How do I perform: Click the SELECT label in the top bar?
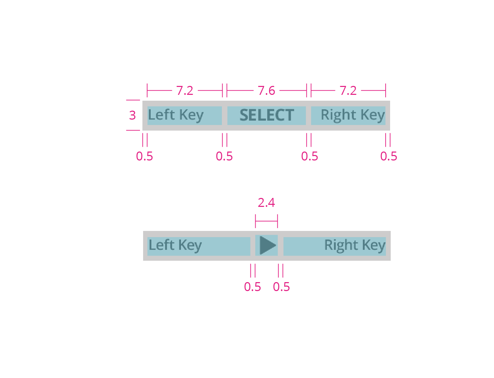pyautogui.click(x=267, y=115)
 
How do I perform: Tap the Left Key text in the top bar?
pyautogui.click(x=175, y=115)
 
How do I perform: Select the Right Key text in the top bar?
pyautogui.click(x=353, y=115)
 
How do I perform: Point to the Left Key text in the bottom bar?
pyautogui.click(x=175, y=245)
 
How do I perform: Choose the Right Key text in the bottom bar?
pyautogui.click(x=355, y=245)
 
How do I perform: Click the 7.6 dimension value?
pyautogui.click(x=267, y=91)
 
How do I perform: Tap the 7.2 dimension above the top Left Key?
pyautogui.click(x=185, y=91)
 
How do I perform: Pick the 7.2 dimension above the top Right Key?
pyautogui.click(x=348, y=91)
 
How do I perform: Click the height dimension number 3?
pyautogui.click(x=132, y=115)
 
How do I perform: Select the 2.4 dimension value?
pyautogui.click(x=266, y=203)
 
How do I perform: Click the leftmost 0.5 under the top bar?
pyautogui.click(x=144, y=156)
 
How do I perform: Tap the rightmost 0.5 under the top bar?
pyautogui.click(x=389, y=156)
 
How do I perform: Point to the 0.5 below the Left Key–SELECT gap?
pyautogui.click(x=224, y=156)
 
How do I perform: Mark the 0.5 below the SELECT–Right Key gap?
pyautogui.click(x=310, y=156)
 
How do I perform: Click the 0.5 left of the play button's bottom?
pyautogui.click(x=253, y=287)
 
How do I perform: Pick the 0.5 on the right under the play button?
pyautogui.click(x=281, y=287)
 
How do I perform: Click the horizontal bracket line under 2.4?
pyautogui.click(x=266, y=221)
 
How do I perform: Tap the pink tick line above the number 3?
pyautogui.click(x=133, y=100)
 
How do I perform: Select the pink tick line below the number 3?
pyautogui.click(x=133, y=130)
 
